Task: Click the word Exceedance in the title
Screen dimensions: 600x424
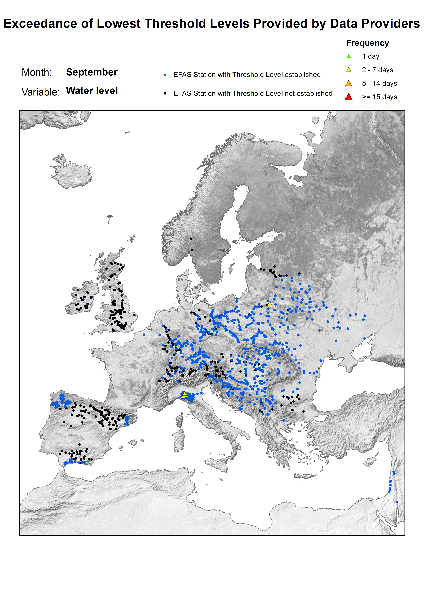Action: coord(41,24)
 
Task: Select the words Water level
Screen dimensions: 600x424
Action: coord(92,91)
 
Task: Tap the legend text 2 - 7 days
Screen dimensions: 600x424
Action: coord(377,70)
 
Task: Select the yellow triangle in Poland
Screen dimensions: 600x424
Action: coord(270,304)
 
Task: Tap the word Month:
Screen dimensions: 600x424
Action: coord(37,72)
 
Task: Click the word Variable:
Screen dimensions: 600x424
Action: coord(41,92)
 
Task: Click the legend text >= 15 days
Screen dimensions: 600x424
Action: coord(379,97)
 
